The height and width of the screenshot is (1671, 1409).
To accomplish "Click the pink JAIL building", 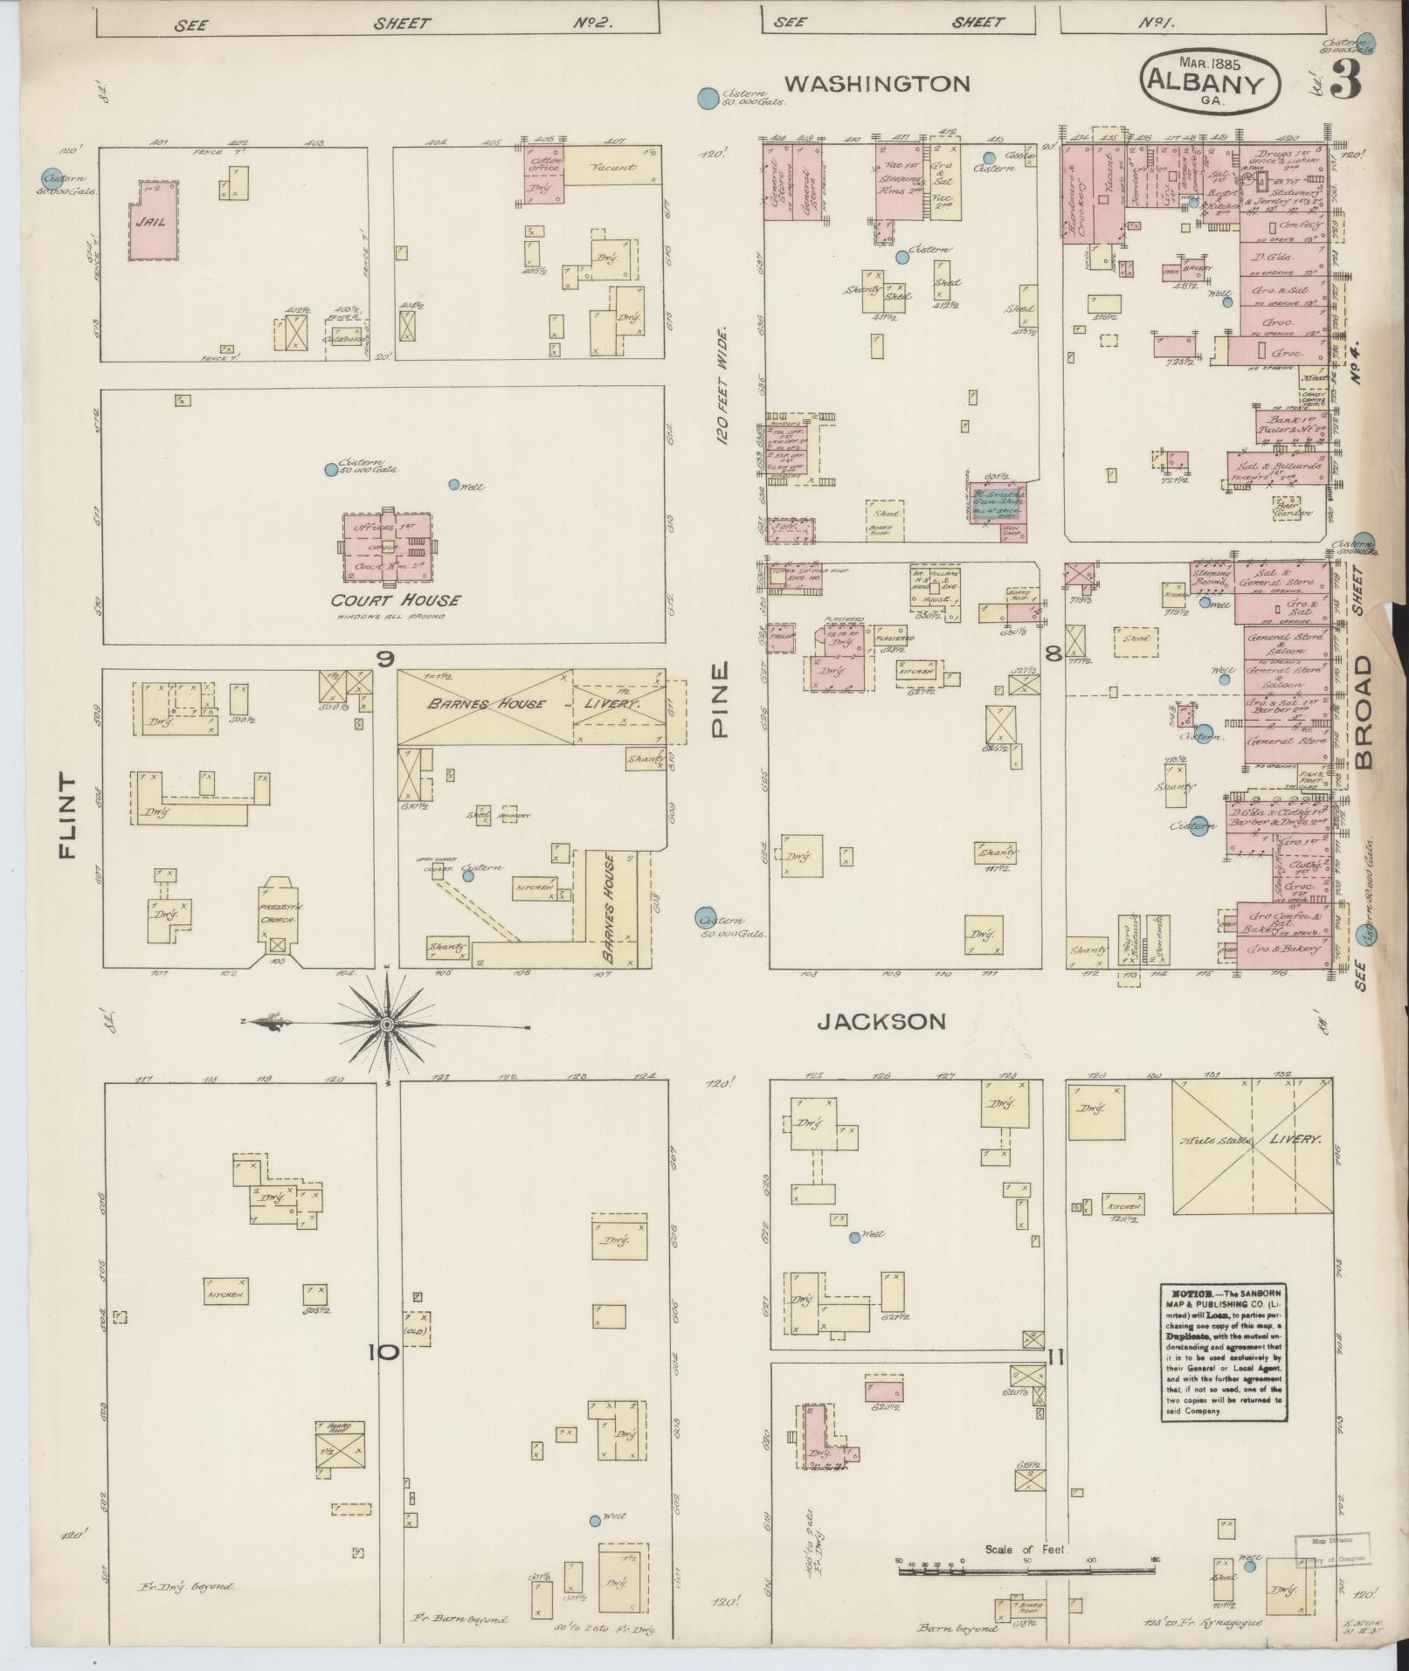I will tap(155, 220).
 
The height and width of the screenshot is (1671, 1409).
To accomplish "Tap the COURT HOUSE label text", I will tap(395, 600).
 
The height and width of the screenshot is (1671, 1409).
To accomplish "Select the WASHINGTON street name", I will tap(876, 84).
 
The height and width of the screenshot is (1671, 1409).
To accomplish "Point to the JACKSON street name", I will tap(881, 1021).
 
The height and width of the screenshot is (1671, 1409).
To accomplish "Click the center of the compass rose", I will tap(385, 1023).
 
